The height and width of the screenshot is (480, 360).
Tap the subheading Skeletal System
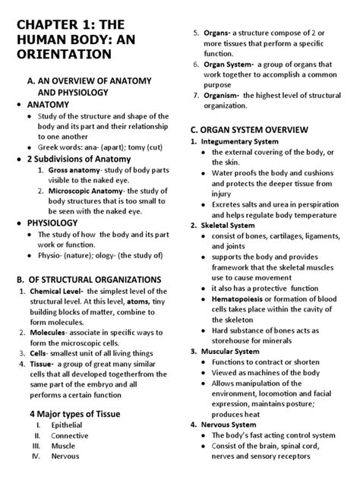(228, 226)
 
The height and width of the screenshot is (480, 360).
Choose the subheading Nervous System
(228, 425)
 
